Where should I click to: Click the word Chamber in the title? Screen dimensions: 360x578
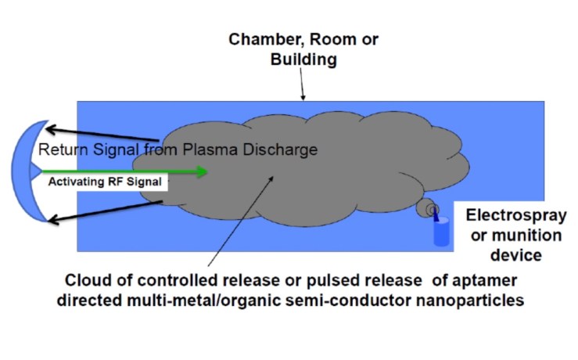[258, 40]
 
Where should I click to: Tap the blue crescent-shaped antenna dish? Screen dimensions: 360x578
[23, 173]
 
